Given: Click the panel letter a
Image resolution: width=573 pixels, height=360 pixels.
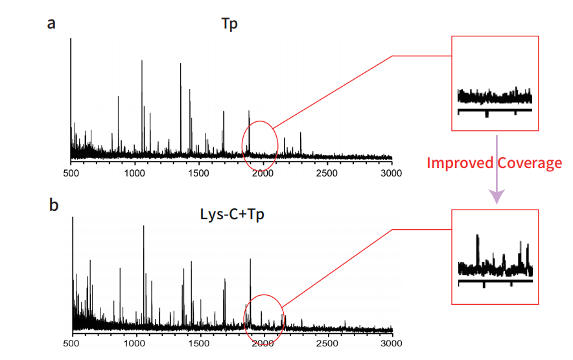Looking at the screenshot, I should [51, 24].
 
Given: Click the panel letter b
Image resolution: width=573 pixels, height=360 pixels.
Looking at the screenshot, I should [54, 204].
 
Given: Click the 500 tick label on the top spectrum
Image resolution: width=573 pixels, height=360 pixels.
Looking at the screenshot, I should [71, 173].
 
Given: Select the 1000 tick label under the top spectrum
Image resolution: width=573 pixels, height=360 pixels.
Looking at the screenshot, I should [134, 173].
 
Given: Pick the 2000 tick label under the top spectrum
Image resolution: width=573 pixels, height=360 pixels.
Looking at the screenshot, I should [263, 173].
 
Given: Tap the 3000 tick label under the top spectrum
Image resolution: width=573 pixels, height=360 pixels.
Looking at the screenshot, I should [391, 173].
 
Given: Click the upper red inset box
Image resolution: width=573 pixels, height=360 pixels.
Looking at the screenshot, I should [495, 84].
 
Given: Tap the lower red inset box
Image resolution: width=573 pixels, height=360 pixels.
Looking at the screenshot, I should [495, 256].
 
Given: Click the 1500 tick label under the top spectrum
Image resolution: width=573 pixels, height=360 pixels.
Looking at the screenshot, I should [198, 173].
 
